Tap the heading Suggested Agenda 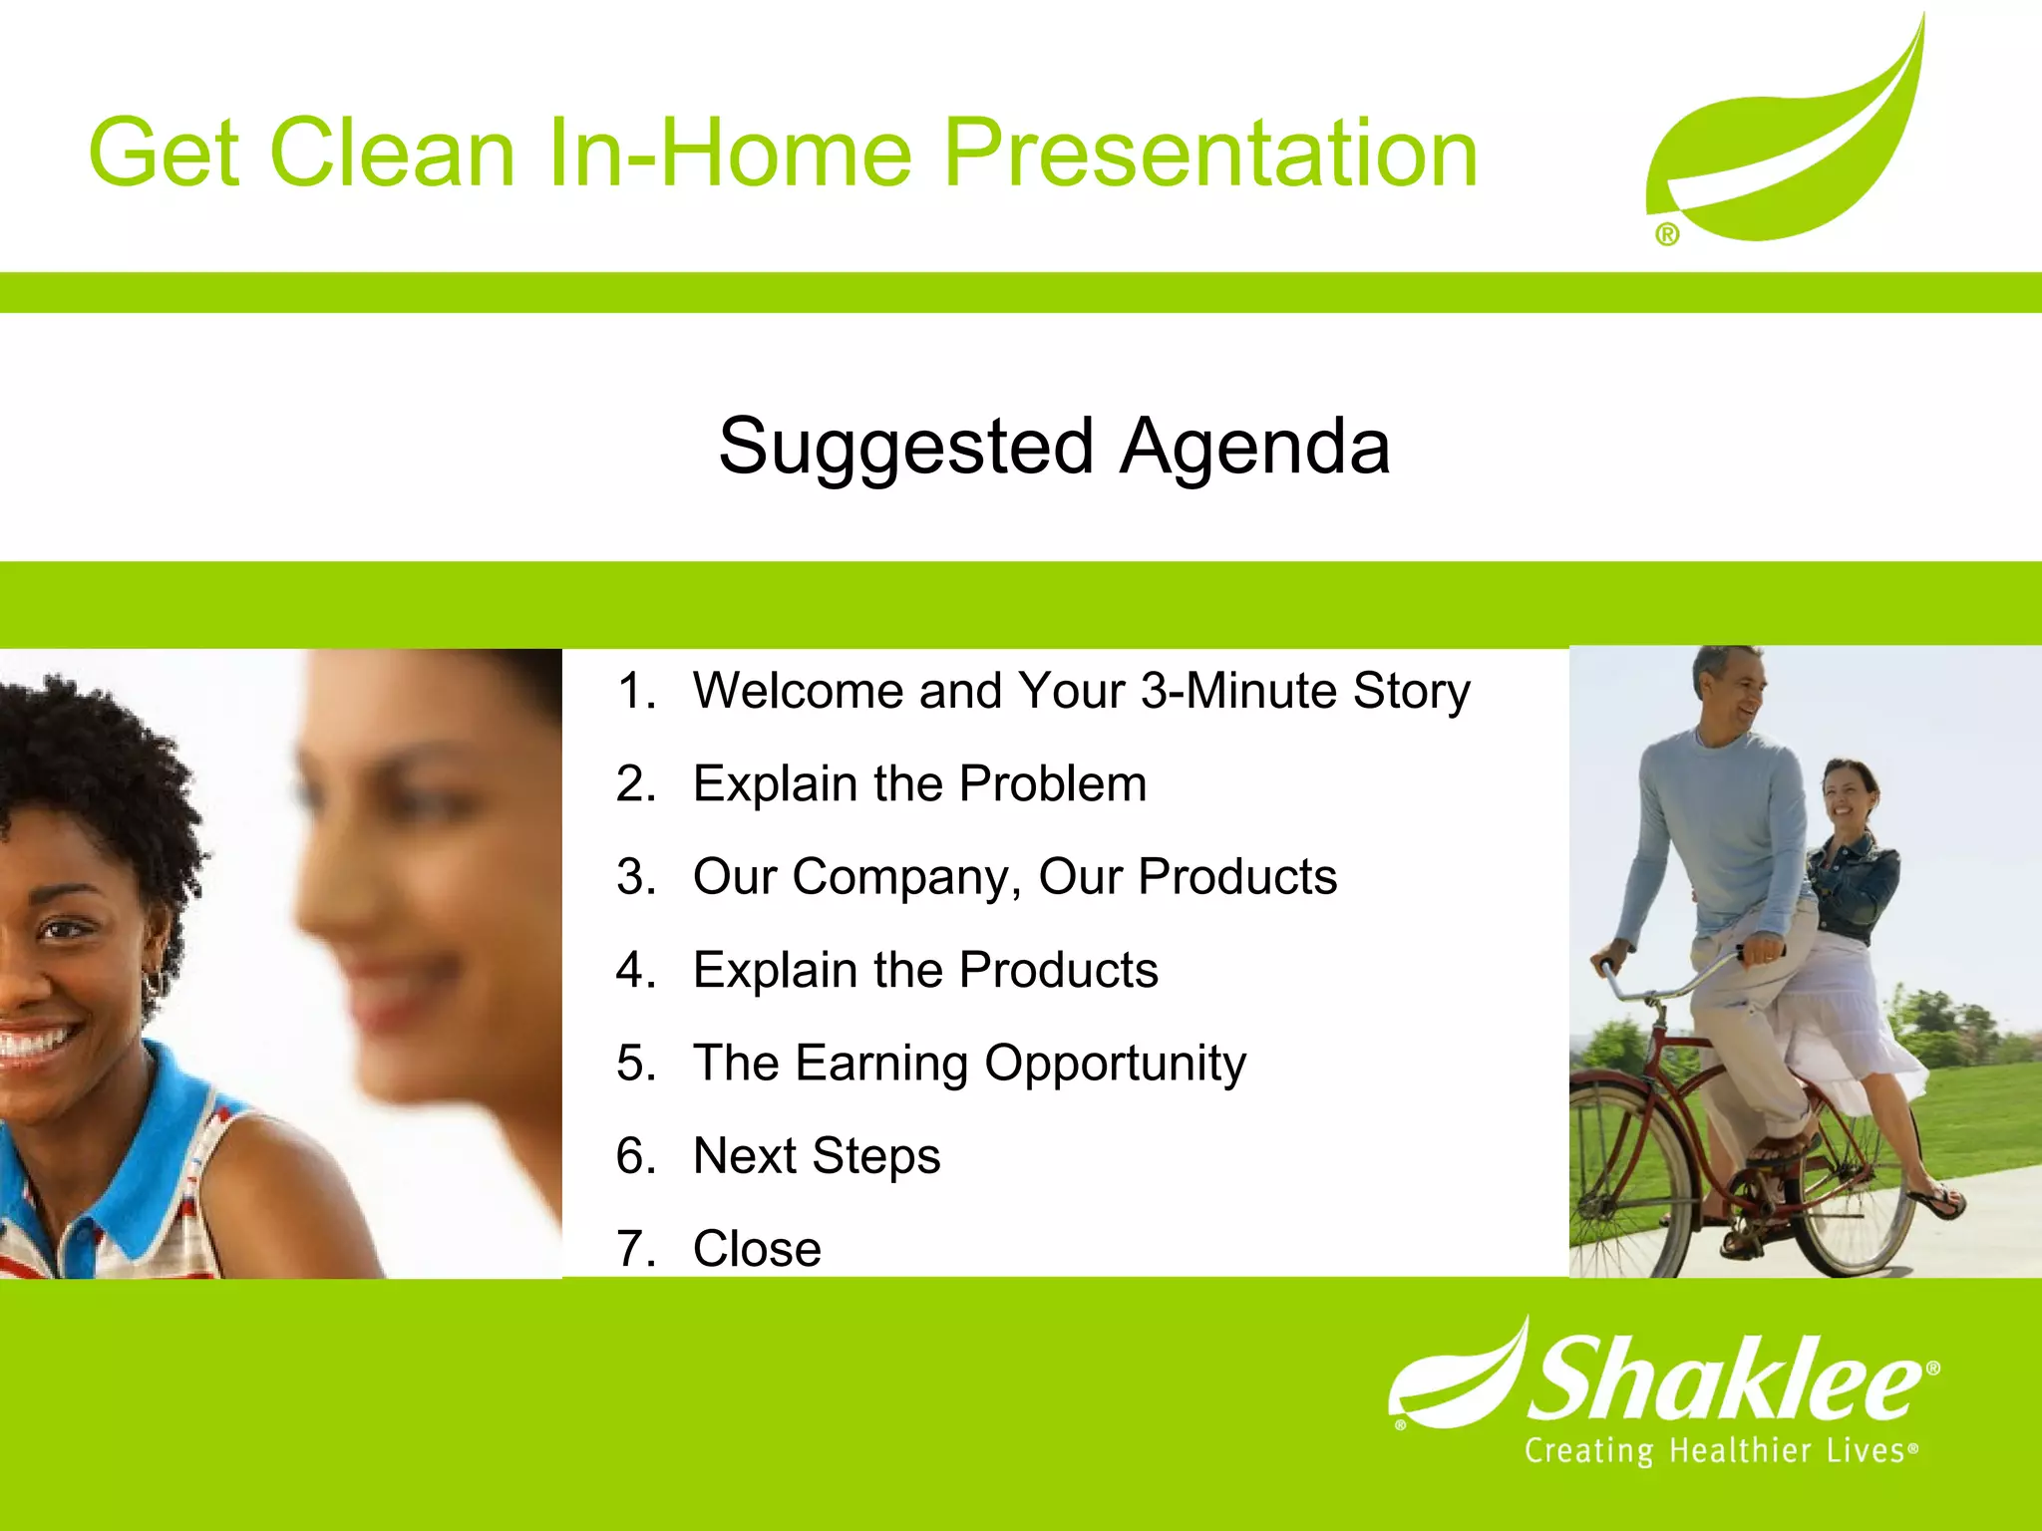coord(1054,448)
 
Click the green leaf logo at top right coord(1786,130)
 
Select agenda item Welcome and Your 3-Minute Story coord(1082,692)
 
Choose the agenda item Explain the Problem coord(919,783)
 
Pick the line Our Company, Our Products coord(1015,878)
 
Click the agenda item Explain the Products coord(925,970)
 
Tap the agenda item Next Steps coord(817,1157)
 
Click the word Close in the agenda coord(757,1249)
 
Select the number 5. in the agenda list coord(636,1063)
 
